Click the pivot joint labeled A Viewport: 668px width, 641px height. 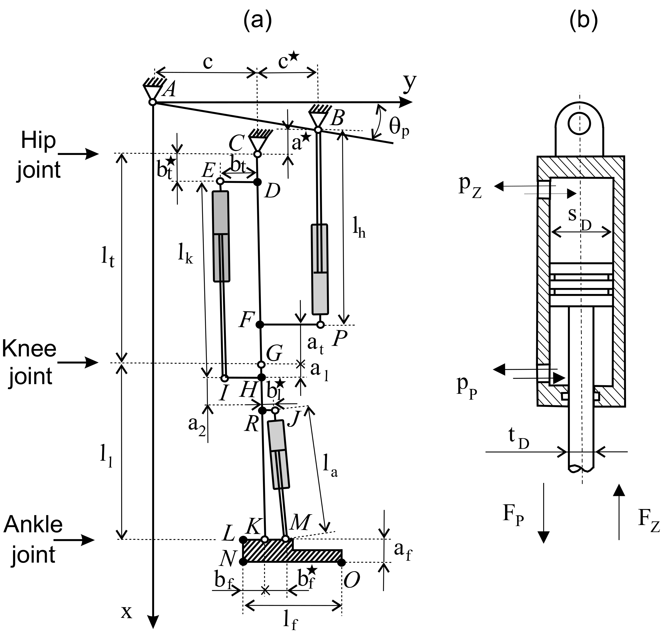tap(152, 102)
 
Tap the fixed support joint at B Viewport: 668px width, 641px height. tap(318, 130)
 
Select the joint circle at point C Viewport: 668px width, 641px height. tap(258, 154)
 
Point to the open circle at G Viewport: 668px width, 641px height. tap(261, 365)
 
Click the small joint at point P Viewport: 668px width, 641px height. tap(320, 325)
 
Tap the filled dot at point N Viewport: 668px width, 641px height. tap(243, 562)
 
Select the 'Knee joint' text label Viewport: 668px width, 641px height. tap(30, 362)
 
